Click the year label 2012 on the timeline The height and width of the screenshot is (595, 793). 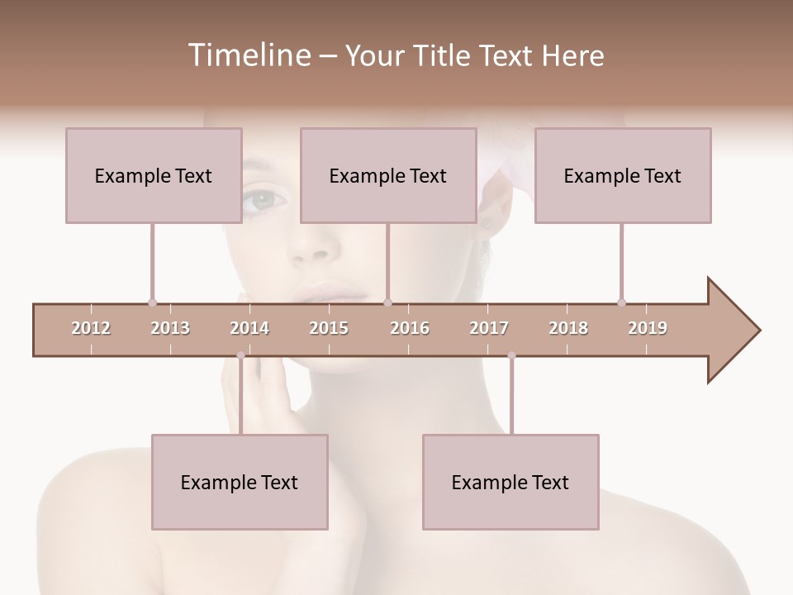point(91,328)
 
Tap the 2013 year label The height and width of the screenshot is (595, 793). point(170,328)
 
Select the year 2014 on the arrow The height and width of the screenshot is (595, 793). point(249,328)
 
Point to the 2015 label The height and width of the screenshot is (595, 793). point(329,328)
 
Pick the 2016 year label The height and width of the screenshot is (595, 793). point(410,328)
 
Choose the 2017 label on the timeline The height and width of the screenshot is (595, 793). point(489,328)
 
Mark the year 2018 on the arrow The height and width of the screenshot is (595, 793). point(568,328)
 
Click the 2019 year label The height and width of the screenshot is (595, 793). point(648,328)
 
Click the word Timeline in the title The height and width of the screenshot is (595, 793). point(248,55)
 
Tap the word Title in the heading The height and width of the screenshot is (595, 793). point(444,55)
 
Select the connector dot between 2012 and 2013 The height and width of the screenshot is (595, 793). point(152,302)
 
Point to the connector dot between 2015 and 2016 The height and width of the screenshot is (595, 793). point(387,302)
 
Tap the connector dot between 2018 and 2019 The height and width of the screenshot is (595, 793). point(621,302)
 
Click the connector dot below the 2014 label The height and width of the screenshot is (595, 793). point(240,355)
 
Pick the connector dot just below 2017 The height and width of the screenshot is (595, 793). point(511,355)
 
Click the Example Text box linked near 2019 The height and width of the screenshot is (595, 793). point(623,175)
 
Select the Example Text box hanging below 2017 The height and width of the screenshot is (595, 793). point(510,482)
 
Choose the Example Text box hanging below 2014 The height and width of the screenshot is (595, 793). point(240,482)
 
